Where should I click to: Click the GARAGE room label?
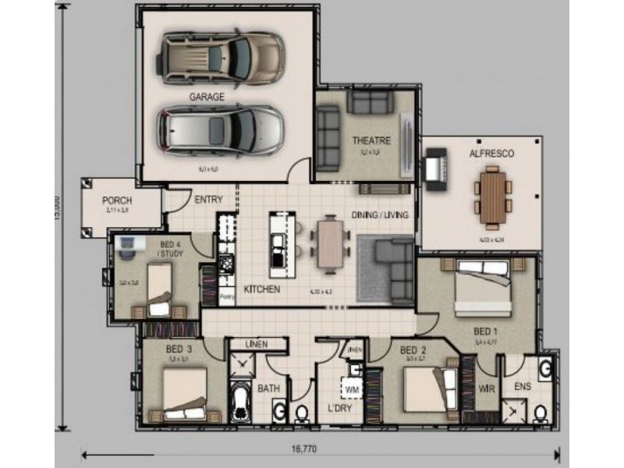(206, 97)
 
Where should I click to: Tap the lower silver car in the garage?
(221, 129)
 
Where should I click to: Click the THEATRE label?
(370, 140)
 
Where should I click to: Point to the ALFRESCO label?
(491, 154)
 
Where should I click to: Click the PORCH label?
(117, 200)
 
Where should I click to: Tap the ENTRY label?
(208, 200)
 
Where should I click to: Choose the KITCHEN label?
(261, 289)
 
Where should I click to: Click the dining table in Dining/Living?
(329, 242)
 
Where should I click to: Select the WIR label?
(486, 388)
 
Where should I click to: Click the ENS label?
(523, 386)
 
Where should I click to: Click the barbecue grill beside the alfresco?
(434, 169)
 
